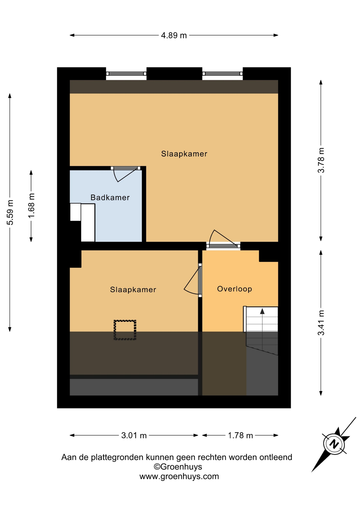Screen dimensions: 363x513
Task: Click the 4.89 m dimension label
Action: click(174, 35)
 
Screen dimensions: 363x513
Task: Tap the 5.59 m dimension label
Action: click(10, 212)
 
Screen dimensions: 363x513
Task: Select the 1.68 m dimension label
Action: click(32, 205)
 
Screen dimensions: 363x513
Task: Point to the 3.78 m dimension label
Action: click(321, 160)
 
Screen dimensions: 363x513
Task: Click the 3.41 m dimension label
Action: click(321, 322)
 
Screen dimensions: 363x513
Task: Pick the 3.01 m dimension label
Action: click(134, 436)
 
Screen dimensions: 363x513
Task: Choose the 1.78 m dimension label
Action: click(240, 436)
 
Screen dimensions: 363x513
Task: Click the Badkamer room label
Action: click(110, 197)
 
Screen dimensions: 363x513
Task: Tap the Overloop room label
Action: click(234, 289)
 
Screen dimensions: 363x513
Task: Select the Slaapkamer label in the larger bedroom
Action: click(184, 154)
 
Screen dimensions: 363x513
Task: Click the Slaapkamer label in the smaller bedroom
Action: click(133, 289)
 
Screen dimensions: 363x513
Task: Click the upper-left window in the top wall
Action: click(126, 74)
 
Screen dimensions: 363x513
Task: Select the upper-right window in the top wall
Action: click(222, 74)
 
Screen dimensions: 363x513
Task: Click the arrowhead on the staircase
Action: click(262, 311)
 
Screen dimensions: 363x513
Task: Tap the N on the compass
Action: click(334, 444)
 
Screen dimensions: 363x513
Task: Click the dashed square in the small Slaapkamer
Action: click(125, 330)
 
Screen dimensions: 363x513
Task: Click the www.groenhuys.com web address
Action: click(179, 476)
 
